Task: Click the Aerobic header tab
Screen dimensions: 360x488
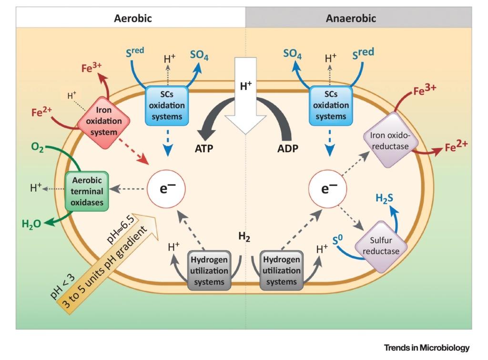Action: pos(132,19)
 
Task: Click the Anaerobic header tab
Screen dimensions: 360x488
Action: pos(351,19)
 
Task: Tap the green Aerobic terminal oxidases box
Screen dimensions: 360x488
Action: pos(86,191)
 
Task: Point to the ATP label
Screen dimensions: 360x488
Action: pos(203,148)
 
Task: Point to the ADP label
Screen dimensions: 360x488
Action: pos(288,148)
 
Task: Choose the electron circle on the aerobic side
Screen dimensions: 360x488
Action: pos(165,189)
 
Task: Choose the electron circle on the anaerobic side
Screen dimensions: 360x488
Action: pos(326,189)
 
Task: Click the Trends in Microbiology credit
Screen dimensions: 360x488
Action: pos(426,347)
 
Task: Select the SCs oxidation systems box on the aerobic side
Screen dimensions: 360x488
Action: pos(165,105)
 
